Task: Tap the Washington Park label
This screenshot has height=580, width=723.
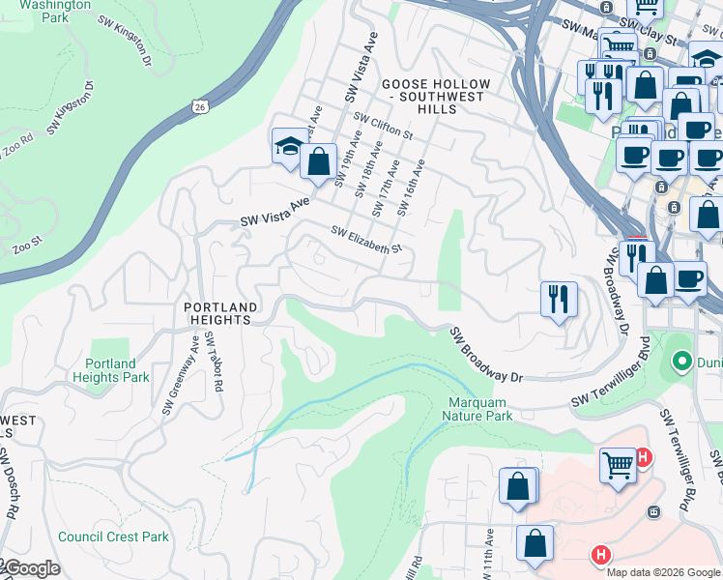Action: tap(43, 11)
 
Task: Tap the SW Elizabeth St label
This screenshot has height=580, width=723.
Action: tap(365, 241)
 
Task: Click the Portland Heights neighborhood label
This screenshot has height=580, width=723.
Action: tap(221, 314)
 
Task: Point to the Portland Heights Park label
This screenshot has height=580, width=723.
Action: tap(110, 370)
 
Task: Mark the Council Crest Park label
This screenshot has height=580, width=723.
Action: tap(113, 536)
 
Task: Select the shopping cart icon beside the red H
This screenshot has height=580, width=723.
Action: tap(618, 464)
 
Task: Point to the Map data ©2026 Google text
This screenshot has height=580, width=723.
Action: tap(663, 572)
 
